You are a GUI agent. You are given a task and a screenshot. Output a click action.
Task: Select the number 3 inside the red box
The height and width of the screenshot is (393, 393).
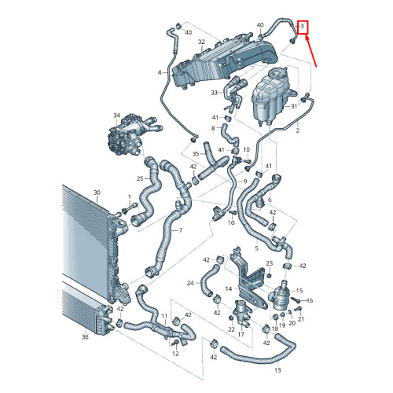pos(303,26)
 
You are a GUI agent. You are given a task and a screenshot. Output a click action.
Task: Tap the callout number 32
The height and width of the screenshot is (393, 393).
pos(201,42)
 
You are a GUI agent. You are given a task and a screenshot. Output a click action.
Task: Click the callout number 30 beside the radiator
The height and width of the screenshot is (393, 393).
pos(97,193)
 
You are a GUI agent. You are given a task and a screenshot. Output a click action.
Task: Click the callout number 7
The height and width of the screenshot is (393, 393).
pos(180,230)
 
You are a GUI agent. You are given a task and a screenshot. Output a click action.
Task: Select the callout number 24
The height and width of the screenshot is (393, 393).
pos(190,283)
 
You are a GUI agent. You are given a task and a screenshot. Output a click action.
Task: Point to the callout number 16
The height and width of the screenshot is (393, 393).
pos(309,301)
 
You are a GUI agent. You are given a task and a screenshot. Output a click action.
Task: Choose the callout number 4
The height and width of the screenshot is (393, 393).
pos(160,73)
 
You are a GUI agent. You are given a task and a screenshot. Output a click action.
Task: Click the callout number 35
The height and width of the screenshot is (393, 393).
pos(195,154)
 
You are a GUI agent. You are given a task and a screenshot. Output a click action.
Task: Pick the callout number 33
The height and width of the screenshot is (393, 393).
pos(213,93)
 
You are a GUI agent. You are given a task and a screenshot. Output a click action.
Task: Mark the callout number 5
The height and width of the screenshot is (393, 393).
pos(256,248)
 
